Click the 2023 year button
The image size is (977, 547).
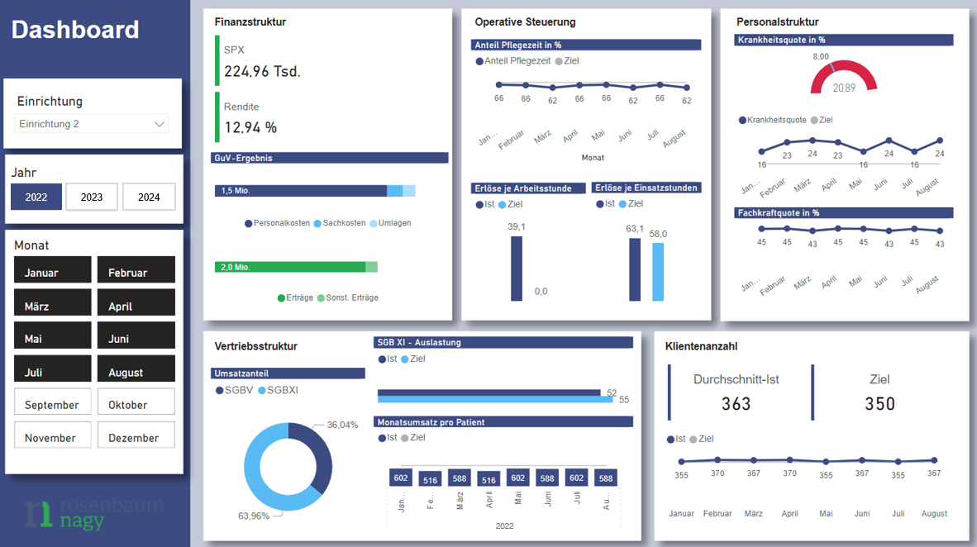(x=92, y=197)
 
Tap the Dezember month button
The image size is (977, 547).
(x=136, y=437)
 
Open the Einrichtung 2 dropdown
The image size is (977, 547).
(x=92, y=124)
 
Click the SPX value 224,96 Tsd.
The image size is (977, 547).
(x=262, y=72)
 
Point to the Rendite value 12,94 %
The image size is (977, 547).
(x=250, y=127)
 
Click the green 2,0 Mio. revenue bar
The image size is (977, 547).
(x=290, y=267)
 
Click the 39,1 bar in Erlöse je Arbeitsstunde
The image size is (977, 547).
(x=517, y=268)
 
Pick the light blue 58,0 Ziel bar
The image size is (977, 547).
(x=658, y=271)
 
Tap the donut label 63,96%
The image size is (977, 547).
(x=254, y=516)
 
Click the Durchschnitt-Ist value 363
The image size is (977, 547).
(x=736, y=403)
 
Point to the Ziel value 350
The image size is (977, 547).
(x=879, y=403)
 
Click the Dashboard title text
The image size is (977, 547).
(x=75, y=30)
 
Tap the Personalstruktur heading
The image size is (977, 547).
(x=777, y=21)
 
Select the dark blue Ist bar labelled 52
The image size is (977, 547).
(x=489, y=392)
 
